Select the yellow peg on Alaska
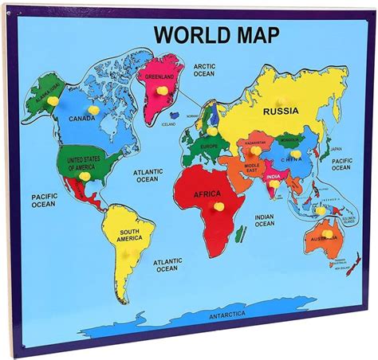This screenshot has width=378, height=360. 53,101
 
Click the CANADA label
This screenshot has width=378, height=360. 82,119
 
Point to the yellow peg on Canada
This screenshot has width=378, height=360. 93,109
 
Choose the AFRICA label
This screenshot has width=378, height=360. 207,193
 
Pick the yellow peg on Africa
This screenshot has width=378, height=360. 218,206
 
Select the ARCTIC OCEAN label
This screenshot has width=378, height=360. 205,70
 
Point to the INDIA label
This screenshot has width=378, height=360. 274,177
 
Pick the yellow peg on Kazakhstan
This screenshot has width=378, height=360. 255,150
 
